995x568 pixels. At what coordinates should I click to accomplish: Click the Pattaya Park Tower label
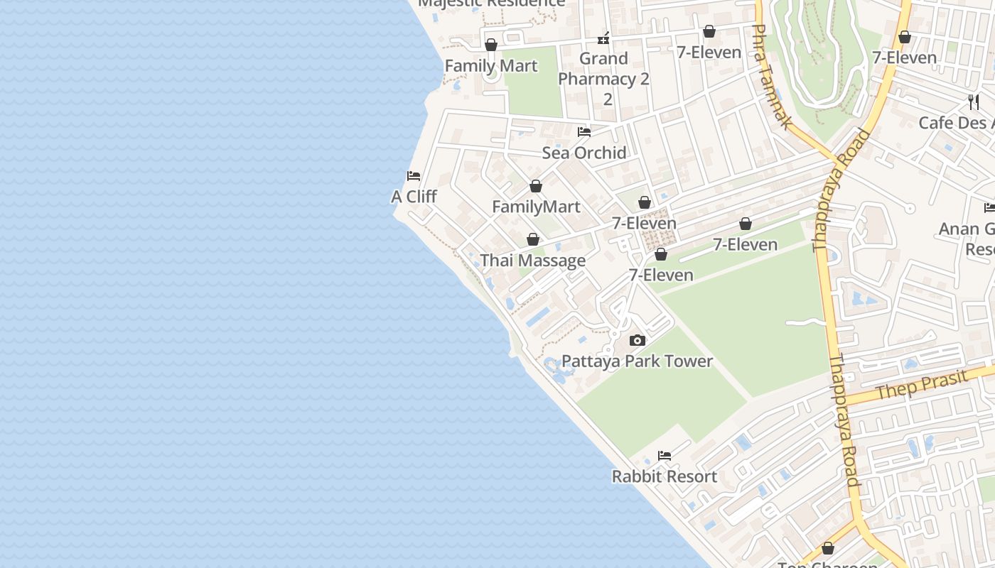637,361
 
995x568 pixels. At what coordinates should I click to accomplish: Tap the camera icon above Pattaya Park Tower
638,341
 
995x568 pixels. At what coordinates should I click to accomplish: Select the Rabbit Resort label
665,476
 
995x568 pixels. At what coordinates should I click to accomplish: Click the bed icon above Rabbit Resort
665,455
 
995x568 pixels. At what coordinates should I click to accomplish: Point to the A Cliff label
414,197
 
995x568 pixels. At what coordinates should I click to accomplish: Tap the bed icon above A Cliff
414,176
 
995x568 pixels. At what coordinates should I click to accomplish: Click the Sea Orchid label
584,153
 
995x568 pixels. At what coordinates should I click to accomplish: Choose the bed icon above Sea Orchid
584,132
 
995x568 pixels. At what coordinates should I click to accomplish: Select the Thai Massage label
533,261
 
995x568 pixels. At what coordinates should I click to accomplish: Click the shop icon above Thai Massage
533,240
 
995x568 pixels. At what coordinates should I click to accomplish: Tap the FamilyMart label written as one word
536,207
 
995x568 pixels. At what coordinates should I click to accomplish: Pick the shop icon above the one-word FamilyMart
536,186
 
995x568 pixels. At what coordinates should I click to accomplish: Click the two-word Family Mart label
491,66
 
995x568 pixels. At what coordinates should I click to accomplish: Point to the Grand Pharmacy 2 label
604,78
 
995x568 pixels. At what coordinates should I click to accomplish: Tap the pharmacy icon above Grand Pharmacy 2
604,38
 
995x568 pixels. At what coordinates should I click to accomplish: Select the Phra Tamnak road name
771,77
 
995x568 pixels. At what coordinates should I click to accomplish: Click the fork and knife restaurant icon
974,102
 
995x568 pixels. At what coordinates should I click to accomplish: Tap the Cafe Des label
956,123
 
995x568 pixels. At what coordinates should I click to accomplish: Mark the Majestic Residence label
492,3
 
